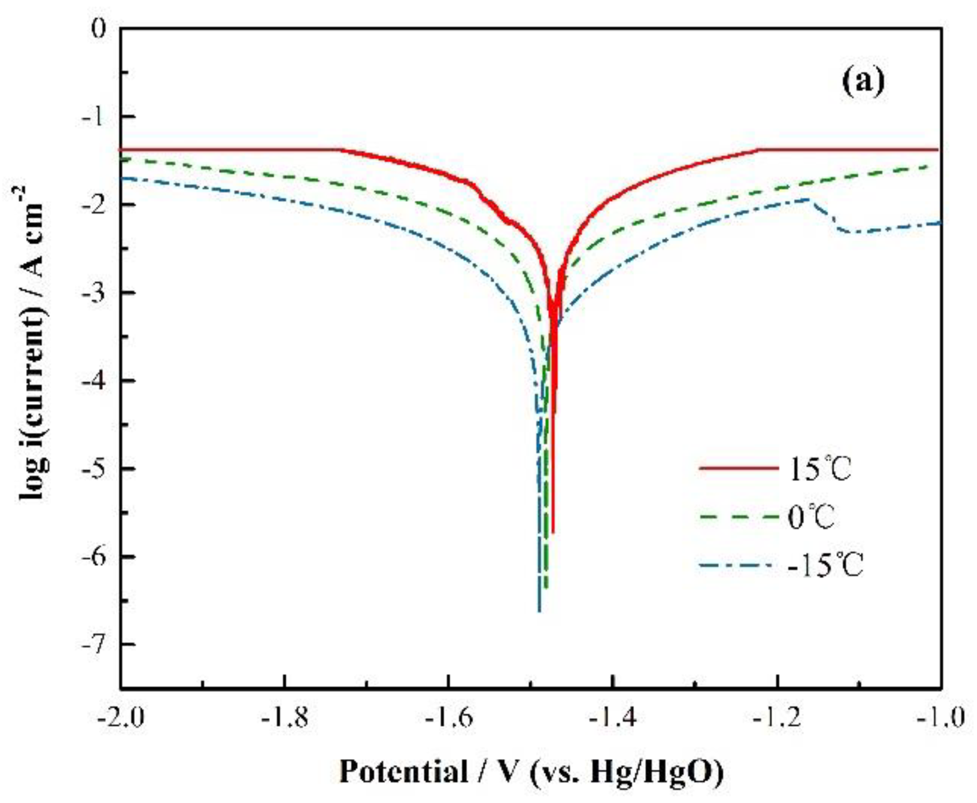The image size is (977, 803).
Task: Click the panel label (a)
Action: tap(862, 82)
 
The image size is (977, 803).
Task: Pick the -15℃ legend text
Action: tap(825, 566)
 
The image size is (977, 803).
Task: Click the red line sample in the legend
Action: tap(738, 469)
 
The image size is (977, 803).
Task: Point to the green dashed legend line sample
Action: tap(738, 518)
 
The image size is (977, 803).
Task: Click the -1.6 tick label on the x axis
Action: tap(449, 717)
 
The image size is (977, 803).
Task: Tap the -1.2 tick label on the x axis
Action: tap(778, 717)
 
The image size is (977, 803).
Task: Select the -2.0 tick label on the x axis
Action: tap(120, 717)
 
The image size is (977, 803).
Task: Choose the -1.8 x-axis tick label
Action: tap(284, 717)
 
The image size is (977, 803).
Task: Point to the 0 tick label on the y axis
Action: tap(99, 28)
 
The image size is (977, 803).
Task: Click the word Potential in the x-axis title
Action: tap(404, 772)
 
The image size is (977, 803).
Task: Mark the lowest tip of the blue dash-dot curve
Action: tap(539, 612)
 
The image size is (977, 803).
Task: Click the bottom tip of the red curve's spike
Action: tap(552, 533)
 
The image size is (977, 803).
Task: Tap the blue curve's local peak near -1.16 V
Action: tap(809, 199)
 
